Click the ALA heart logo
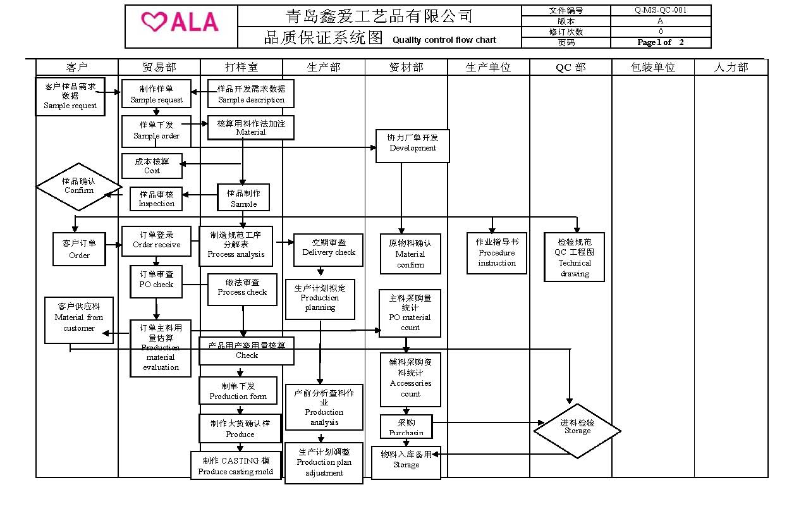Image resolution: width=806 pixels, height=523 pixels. click(181, 23)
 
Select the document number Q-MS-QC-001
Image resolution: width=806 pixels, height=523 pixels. click(660, 10)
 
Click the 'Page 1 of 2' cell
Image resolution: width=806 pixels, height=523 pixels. click(660, 42)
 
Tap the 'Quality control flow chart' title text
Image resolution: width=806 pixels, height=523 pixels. click(444, 40)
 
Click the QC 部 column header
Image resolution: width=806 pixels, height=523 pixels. click(570, 67)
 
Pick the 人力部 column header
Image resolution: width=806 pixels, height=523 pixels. click(731, 67)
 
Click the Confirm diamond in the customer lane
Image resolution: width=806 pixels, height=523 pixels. click(79, 186)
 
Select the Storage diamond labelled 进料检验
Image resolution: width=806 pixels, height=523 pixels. click(577, 431)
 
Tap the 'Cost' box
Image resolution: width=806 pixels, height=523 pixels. click(152, 166)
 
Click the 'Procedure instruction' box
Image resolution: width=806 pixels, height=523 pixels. click(496, 253)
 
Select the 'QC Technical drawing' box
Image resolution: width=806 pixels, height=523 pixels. click(574, 257)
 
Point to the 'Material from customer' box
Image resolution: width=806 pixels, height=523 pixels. click(79, 320)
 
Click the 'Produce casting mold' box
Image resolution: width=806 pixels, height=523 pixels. click(236, 465)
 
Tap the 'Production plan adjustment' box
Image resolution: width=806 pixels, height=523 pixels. click(324, 463)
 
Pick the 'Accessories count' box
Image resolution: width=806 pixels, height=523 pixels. click(410, 379)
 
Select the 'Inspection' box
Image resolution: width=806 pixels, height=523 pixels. click(156, 199)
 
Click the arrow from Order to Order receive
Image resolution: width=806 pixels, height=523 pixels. click(114, 245)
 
